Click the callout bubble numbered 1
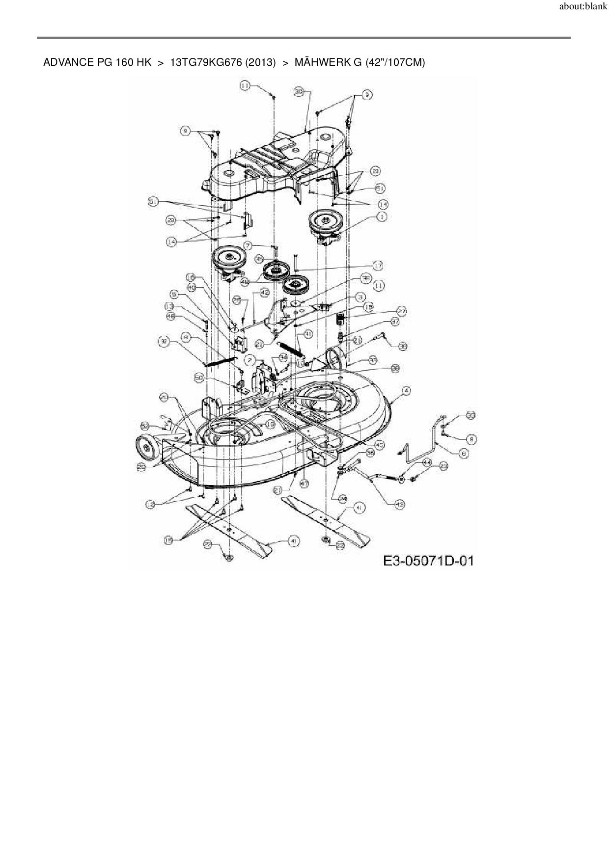click(382, 216)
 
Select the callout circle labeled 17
click(378, 266)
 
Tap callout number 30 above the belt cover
click(300, 92)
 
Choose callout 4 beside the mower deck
click(406, 390)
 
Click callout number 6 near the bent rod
click(464, 454)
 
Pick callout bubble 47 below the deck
click(304, 484)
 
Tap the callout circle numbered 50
click(199, 377)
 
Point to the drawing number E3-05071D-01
click(428, 561)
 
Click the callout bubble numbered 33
click(373, 360)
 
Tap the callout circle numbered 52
click(144, 425)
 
